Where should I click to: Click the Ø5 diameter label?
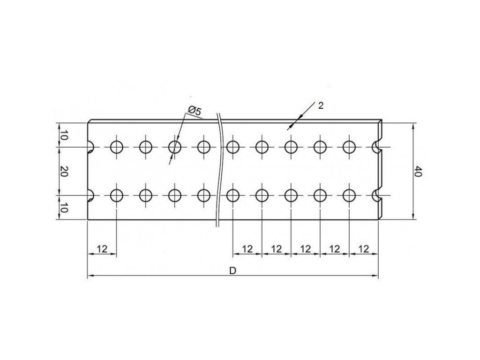tap(194, 111)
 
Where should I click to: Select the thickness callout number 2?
tap(321, 105)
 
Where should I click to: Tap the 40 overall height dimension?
tap(419, 172)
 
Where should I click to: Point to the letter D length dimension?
tap(232, 271)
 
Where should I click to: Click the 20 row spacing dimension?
tap(65, 172)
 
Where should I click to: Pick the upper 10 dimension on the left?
tap(65, 136)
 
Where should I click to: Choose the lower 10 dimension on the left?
tap(65, 207)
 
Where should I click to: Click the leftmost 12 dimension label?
tap(102, 248)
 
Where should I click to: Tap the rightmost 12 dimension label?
tap(363, 248)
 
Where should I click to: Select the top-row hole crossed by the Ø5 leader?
tap(175, 147)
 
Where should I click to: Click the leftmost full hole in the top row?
tap(116, 147)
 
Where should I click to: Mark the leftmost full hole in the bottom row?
tap(116, 195)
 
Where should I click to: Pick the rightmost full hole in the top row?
tap(349, 147)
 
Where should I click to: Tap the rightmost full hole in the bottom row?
tap(349, 195)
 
